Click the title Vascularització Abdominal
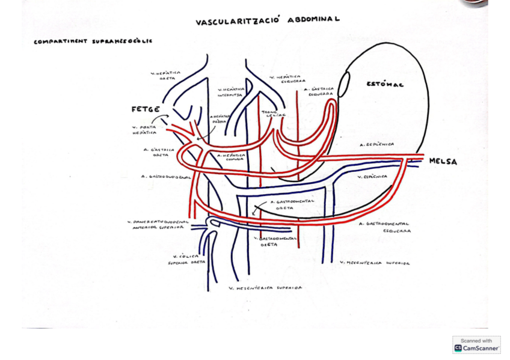[x=267, y=21]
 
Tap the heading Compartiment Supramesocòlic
[x=93, y=41]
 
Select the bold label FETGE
[x=146, y=109]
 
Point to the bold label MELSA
[x=443, y=162]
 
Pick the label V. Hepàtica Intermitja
[x=231, y=91]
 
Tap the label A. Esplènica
[x=376, y=145]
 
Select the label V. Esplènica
[x=372, y=177]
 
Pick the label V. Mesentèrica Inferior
[x=374, y=263]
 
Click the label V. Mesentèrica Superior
[x=265, y=288]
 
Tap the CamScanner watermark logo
[x=476, y=344]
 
